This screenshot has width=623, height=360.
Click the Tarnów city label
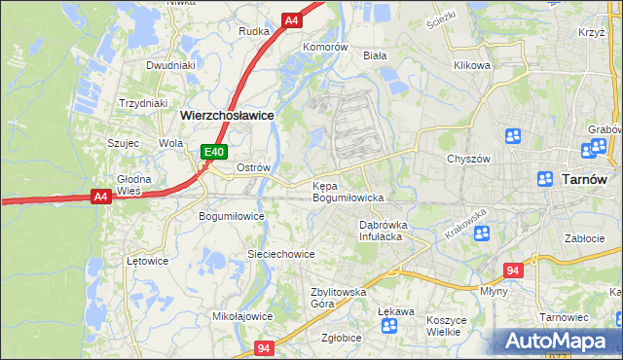[x=586, y=179]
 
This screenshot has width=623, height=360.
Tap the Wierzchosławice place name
[x=227, y=114]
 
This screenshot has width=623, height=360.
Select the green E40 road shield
[x=215, y=152]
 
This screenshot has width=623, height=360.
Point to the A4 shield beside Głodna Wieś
[x=100, y=197]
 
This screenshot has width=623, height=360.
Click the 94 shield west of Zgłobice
[x=263, y=346]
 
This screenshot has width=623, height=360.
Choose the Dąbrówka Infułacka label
[x=381, y=230]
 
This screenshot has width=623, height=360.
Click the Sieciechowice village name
[x=280, y=254]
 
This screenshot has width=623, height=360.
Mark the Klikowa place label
[x=472, y=66]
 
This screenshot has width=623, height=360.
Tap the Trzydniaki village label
[x=143, y=103]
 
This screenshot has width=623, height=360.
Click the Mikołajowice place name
[x=242, y=316]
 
